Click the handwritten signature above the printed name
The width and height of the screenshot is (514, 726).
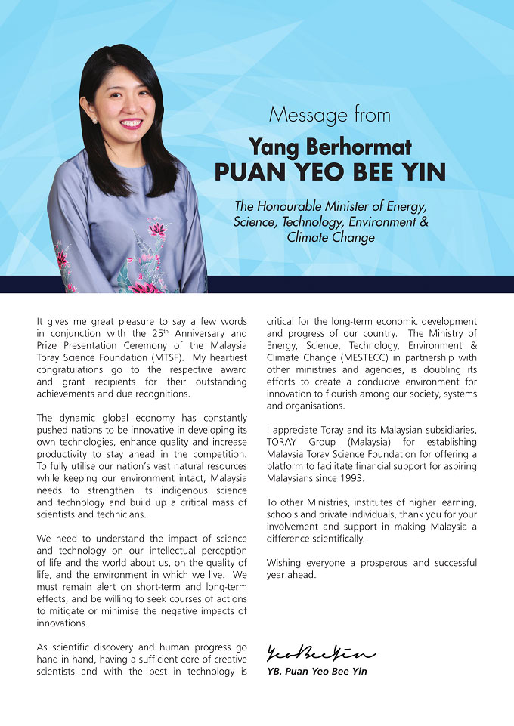pyautogui.click(x=320, y=653)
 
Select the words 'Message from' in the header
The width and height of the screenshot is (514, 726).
pyautogui.click(x=330, y=116)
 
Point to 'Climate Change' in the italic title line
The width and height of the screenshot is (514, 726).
pyautogui.click(x=330, y=237)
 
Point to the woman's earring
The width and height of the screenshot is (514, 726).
pyautogui.click(x=95, y=119)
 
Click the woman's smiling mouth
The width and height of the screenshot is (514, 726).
pyautogui.click(x=131, y=123)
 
